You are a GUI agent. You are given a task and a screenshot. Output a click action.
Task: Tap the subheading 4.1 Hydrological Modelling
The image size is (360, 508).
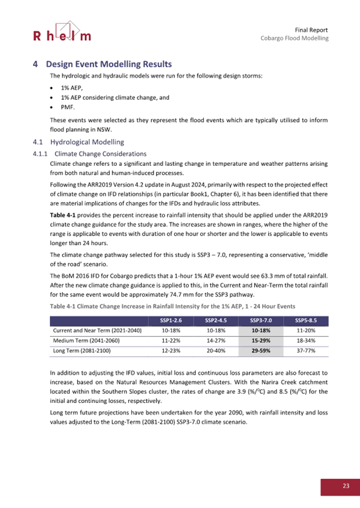coord(78,142)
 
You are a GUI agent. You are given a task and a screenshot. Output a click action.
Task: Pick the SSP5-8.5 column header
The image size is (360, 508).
coord(306,320)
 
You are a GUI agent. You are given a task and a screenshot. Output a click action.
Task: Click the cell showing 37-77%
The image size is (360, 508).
coord(306,351)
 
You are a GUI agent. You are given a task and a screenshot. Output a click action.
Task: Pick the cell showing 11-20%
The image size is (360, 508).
coord(306,330)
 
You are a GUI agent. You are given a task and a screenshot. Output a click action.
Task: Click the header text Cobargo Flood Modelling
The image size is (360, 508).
coord(294,38)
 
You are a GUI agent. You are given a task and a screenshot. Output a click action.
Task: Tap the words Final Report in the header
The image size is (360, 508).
coord(311,29)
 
